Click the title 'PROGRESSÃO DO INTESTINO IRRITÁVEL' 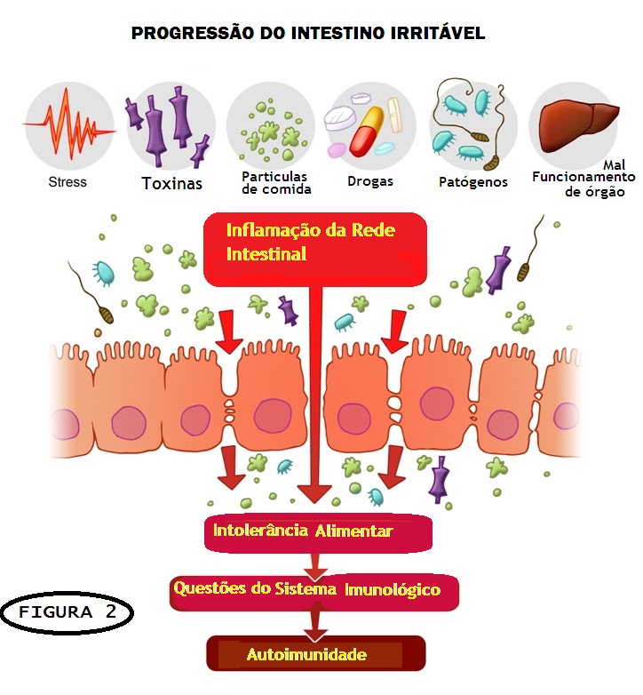coord(307,34)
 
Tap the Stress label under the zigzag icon coord(68,181)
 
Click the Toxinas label coord(172,184)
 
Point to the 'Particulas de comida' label coord(275,182)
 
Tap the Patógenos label coord(473,181)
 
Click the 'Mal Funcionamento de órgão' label coord(583,179)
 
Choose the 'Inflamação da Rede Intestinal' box coord(315,249)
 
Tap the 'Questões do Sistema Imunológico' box coord(316,589)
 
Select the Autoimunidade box coord(316,656)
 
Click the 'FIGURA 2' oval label coord(67,612)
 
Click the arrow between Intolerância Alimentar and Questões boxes coord(315,563)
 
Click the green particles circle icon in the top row coord(270,126)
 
